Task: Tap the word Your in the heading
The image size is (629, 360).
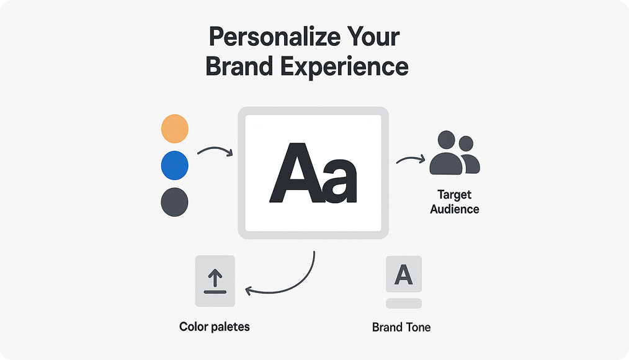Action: click(372, 37)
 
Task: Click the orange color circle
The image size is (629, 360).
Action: click(174, 129)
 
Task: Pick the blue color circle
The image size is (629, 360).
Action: click(174, 166)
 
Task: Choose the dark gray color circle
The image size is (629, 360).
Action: click(174, 202)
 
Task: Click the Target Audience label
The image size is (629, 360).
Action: click(455, 202)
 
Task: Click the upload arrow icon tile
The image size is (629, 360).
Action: click(215, 281)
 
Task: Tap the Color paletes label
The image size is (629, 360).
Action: click(214, 326)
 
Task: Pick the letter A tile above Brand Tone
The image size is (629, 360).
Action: click(404, 274)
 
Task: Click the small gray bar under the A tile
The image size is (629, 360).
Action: click(404, 304)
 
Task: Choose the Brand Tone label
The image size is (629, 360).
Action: click(401, 327)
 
